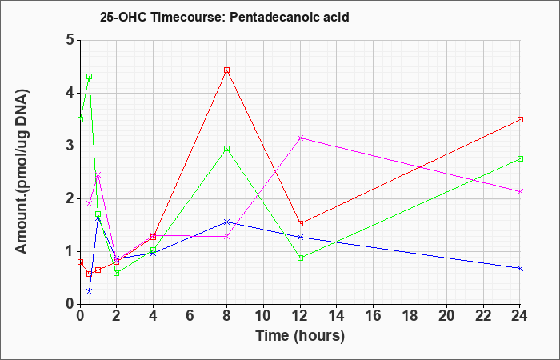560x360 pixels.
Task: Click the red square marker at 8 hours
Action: pyautogui.click(x=226, y=70)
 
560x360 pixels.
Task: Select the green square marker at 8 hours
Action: pyautogui.click(x=226, y=149)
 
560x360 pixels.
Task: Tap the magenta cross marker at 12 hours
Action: pyautogui.click(x=300, y=138)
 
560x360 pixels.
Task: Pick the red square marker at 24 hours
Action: pyautogui.click(x=520, y=120)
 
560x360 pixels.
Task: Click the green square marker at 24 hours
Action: pyautogui.click(x=520, y=159)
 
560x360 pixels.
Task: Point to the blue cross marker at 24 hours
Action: pyautogui.click(x=520, y=268)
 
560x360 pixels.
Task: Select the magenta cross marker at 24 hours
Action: pyautogui.click(x=520, y=192)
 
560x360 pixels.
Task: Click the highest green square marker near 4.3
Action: pyautogui.click(x=90, y=77)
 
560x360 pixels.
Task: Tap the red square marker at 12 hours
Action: pyautogui.click(x=300, y=223)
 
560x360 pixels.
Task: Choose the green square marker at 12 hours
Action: pyautogui.click(x=300, y=258)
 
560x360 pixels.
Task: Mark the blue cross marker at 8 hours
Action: pyautogui.click(x=226, y=222)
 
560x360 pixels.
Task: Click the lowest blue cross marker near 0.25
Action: pyautogui.click(x=90, y=291)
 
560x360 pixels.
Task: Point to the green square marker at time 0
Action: pyautogui.click(x=80, y=120)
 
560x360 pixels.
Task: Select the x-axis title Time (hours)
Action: pyautogui.click(x=300, y=336)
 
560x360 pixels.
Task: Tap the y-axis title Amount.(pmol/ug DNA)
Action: pyautogui.click(x=22, y=172)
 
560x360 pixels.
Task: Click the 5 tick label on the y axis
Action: pyautogui.click(x=70, y=40)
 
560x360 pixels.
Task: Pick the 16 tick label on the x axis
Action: pyautogui.click(x=374, y=316)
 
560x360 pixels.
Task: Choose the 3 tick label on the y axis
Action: pyautogui.click(x=70, y=146)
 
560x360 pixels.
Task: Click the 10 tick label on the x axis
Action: pyautogui.click(x=263, y=316)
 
